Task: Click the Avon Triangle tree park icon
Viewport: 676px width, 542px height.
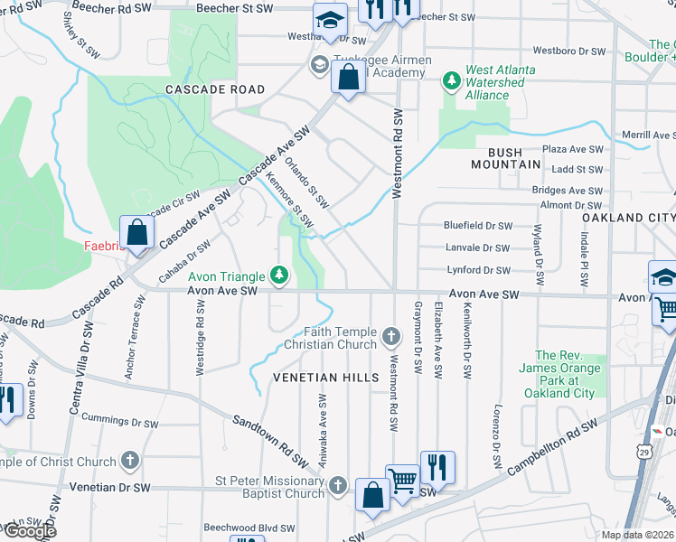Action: click(280, 275)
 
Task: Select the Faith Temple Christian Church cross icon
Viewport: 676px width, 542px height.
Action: click(391, 337)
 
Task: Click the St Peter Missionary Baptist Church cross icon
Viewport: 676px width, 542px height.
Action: click(338, 485)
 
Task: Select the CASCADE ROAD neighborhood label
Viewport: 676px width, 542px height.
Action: click(215, 89)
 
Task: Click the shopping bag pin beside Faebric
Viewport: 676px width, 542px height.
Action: click(136, 233)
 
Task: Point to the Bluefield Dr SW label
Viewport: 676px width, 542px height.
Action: click(477, 225)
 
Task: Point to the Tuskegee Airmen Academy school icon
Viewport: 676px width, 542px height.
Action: click(319, 64)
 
